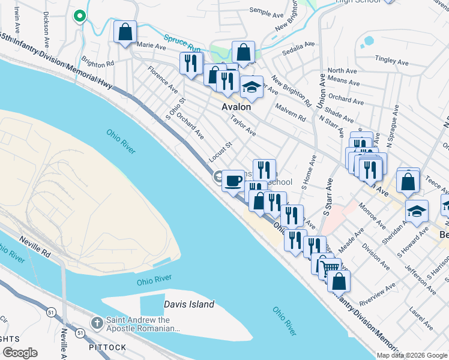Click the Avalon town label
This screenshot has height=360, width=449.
[x=236, y=106]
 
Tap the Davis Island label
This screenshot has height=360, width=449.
[x=189, y=304]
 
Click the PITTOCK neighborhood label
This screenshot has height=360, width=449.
[x=107, y=347]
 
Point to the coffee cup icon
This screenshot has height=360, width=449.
[x=233, y=179]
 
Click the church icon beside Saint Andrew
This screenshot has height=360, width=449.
[x=96, y=323]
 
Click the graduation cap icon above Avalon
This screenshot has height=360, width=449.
[x=252, y=87]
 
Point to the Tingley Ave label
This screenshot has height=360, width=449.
[x=391, y=59]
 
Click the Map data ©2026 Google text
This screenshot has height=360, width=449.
[x=412, y=355]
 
